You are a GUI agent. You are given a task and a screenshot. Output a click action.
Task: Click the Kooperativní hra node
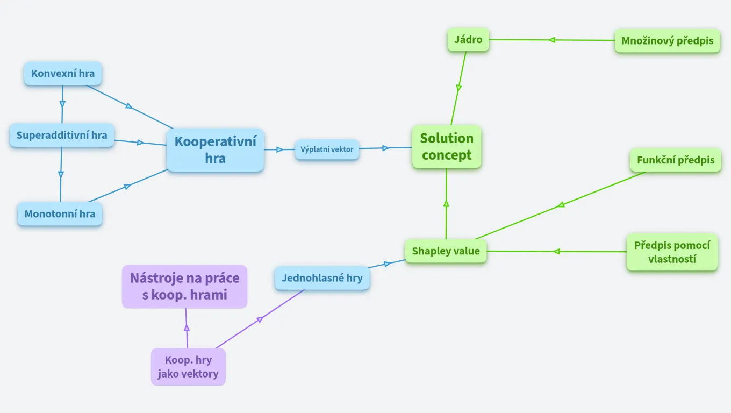215,150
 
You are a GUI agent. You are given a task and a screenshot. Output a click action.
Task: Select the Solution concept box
447,147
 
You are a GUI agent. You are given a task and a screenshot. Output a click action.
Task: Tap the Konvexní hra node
63,74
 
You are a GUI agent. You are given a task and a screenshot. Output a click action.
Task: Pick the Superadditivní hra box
62,135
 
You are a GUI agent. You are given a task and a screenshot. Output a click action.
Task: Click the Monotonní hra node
60,214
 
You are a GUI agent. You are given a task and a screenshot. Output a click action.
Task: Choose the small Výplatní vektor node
327,149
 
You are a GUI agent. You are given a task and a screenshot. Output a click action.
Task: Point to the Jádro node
468,39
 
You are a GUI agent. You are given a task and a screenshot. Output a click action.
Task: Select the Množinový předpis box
668,41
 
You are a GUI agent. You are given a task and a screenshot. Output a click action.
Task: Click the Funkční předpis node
676,160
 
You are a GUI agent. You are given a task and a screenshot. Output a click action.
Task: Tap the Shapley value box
446,251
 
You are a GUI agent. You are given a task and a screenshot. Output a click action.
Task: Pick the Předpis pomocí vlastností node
672,252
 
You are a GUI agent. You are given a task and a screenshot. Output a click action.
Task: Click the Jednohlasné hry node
322,278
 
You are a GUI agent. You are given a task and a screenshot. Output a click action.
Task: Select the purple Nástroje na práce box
185,287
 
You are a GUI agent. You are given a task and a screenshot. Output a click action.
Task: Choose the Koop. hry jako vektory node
188,367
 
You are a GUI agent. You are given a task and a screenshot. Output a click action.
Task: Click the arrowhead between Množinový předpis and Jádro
552,40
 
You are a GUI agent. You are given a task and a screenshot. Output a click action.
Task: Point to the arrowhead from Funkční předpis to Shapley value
561,205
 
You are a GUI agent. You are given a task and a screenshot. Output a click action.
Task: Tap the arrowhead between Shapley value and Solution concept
446,204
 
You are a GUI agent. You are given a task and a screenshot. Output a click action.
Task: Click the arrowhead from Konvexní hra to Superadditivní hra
62,104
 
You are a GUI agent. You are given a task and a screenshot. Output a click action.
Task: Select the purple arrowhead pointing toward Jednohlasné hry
260,319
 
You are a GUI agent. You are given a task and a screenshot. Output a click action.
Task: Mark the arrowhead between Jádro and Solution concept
459,88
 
